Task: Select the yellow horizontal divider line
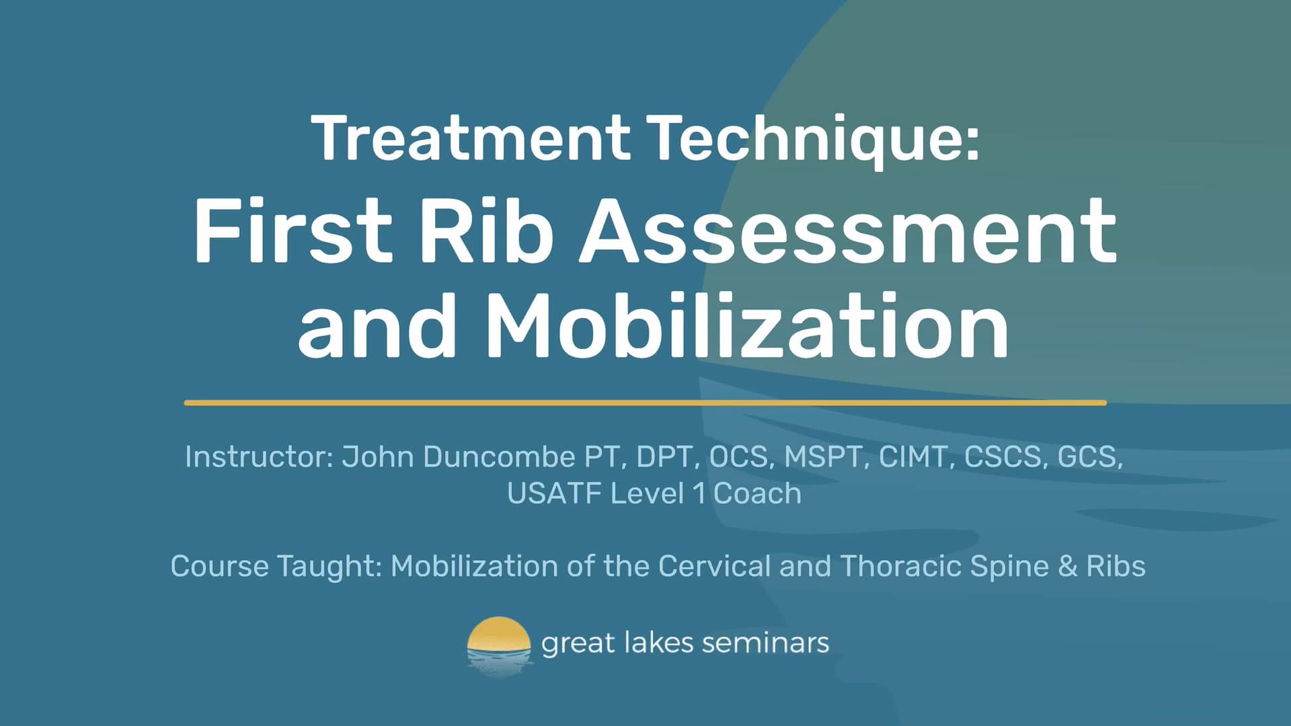click(x=645, y=403)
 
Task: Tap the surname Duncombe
click(x=499, y=457)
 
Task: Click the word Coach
click(x=757, y=493)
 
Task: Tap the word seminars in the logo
click(x=765, y=643)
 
